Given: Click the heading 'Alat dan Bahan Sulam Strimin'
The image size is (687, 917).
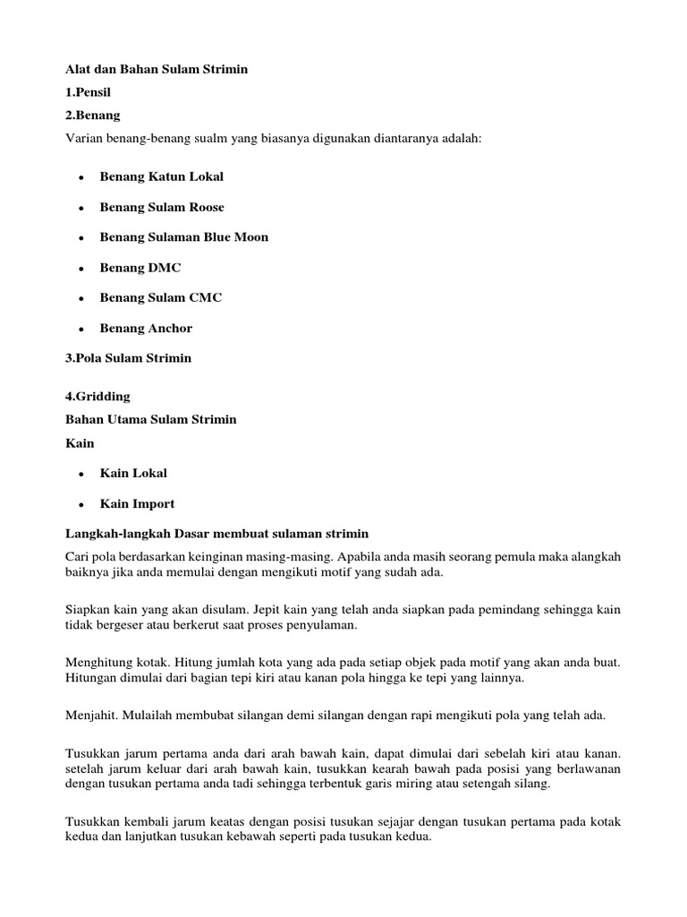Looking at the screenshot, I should point(157,70).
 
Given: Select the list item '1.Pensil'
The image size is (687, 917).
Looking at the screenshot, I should point(90,93).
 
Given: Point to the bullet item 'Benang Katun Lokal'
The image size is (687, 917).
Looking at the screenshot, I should point(161,176).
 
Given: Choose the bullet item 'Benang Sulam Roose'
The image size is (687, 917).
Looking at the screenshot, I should point(162,207).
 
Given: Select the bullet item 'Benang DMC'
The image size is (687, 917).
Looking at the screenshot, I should point(140,268).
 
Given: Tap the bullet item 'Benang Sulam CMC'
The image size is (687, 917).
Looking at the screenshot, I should point(161,297).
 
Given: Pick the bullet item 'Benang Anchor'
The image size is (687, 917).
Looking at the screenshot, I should point(146,328).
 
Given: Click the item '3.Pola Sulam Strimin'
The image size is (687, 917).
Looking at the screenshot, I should point(129,358).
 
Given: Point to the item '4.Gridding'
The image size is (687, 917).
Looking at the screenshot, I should point(98,396).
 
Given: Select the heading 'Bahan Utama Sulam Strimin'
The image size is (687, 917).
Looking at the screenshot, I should point(151,419).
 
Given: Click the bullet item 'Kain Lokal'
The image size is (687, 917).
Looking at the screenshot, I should point(133,473).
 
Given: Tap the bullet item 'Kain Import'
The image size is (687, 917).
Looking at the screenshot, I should point(137,503).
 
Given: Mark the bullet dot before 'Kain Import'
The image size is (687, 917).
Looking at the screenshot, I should point(81,504).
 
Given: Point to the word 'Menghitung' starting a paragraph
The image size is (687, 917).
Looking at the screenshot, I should point(98,662).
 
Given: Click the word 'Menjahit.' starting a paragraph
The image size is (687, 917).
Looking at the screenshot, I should point(93,715).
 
